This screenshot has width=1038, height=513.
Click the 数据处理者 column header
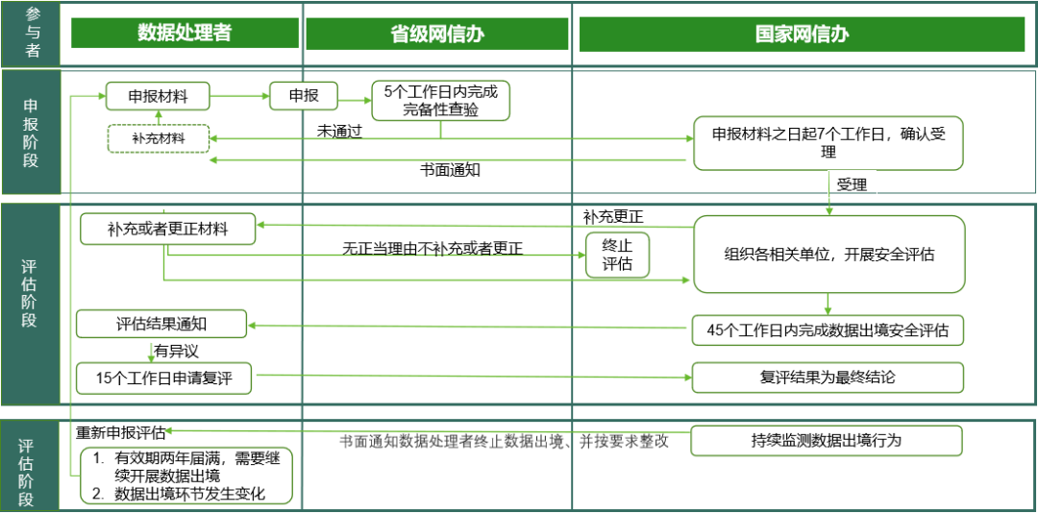click(185, 33)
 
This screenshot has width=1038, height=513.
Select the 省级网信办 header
click(437, 34)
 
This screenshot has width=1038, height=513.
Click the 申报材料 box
click(158, 97)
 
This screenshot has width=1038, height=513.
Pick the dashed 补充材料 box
click(158, 139)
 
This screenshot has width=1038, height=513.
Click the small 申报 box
click(304, 96)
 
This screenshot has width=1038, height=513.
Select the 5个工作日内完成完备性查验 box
click(441, 101)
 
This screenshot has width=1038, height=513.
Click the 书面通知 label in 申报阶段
click(450, 169)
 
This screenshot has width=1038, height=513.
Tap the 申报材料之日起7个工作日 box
click(828, 144)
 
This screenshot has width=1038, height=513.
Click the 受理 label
click(852, 184)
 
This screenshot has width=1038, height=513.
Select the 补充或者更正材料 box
click(167, 230)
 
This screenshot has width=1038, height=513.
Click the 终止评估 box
click(617, 255)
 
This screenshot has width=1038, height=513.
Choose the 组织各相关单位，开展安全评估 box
click(828, 255)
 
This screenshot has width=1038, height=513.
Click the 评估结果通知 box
click(161, 325)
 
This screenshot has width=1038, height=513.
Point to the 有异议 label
click(176, 351)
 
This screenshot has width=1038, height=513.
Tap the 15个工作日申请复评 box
click(165, 378)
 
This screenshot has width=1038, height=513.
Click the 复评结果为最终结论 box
click(828, 378)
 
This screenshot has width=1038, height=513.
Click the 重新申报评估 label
click(121, 432)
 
